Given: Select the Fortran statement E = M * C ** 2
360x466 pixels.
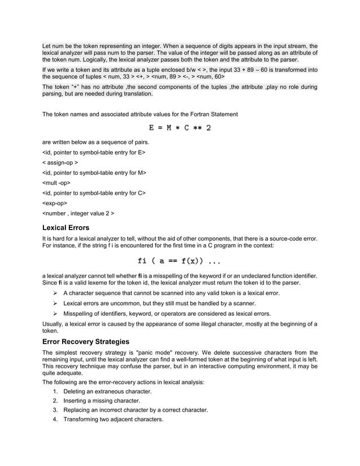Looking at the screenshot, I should pos(180,128).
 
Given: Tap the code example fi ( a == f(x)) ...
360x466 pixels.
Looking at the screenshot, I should pos(179,261).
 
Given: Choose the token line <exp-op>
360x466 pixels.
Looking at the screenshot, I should pos(55,203).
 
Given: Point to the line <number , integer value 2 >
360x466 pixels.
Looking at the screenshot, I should pos(78,214).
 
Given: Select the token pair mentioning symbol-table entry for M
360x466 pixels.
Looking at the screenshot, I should pos(94,173).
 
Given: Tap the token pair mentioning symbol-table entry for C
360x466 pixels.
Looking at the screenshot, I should pos(94,193).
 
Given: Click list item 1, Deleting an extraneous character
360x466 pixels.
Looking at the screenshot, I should pos(107,391).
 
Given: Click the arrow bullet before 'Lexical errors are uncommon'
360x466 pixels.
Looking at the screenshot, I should pos(55,304).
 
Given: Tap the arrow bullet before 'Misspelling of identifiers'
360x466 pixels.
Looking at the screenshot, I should pos(55,314).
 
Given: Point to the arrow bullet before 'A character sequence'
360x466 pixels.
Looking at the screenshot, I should pos(55,293).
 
